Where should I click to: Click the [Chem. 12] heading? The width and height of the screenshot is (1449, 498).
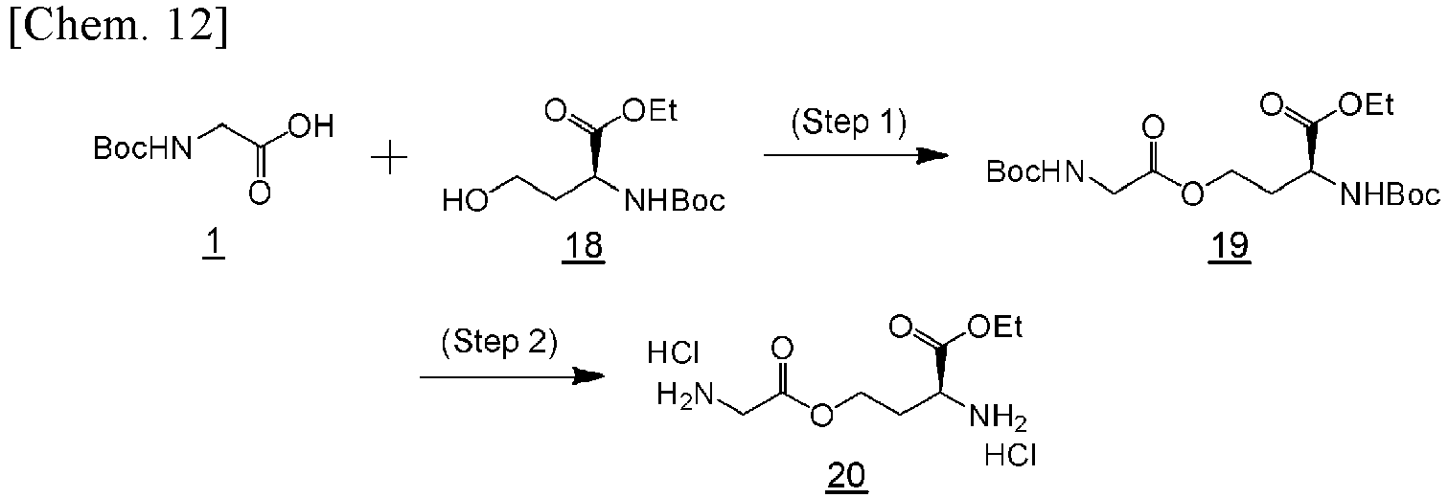click(119, 29)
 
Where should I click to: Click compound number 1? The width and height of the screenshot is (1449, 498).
click(214, 245)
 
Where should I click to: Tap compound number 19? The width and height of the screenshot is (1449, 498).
click(1229, 246)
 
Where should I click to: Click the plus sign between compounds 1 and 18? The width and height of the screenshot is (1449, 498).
click(389, 158)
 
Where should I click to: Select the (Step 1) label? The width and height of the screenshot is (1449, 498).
click(849, 123)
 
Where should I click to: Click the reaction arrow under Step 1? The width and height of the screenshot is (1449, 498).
click(856, 155)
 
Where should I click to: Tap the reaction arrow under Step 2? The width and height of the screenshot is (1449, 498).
click(513, 376)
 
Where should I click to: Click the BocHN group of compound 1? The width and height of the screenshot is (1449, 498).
click(143, 148)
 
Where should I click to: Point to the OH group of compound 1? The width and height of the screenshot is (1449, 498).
click(311, 126)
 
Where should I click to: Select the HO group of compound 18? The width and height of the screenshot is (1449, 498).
click(465, 200)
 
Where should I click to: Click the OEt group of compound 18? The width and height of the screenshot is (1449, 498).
click(649, 110)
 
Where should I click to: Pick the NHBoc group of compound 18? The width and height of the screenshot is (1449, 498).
click(675, 201)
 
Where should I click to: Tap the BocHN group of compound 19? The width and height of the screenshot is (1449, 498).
click(1035, 172)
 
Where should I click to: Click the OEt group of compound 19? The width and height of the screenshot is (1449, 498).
click(1367, 104)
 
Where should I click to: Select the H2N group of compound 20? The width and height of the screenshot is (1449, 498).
click(685, 396)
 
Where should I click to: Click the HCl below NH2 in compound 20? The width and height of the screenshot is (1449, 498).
click(1010, 456)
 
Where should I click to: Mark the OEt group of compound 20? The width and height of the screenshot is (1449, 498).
click(995, 328)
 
